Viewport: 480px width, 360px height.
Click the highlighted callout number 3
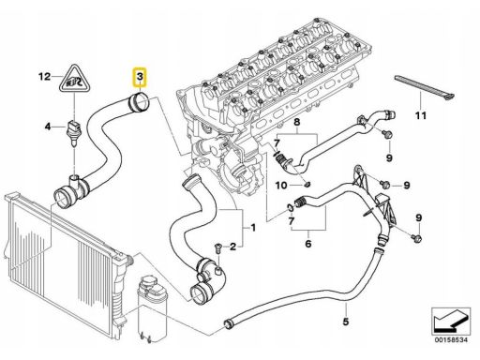click(140, 76)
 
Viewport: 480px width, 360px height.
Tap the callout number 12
click(44, 77)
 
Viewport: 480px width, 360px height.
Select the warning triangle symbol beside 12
click(74, 79)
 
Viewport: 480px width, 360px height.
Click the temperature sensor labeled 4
click(74, 130)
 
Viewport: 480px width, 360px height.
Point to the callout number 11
click(421, 115)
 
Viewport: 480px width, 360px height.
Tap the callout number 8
click(296, 122)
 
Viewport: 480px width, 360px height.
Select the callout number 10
click(281, 186)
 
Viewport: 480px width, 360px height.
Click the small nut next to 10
click(307, 184)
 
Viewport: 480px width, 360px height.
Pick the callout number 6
click(308, 243)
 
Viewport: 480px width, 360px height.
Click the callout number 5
click(345, 322)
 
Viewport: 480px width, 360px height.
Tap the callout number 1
click(253, 228)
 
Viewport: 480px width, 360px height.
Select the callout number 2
click(233, 247)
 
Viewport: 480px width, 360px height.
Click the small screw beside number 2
click(218, 247)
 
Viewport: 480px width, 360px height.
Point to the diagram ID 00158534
click(450, 340)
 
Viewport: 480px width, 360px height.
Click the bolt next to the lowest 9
click(416, 237)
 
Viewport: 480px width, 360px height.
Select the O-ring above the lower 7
click(291, 206)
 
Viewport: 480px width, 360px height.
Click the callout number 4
click(48, 127)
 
